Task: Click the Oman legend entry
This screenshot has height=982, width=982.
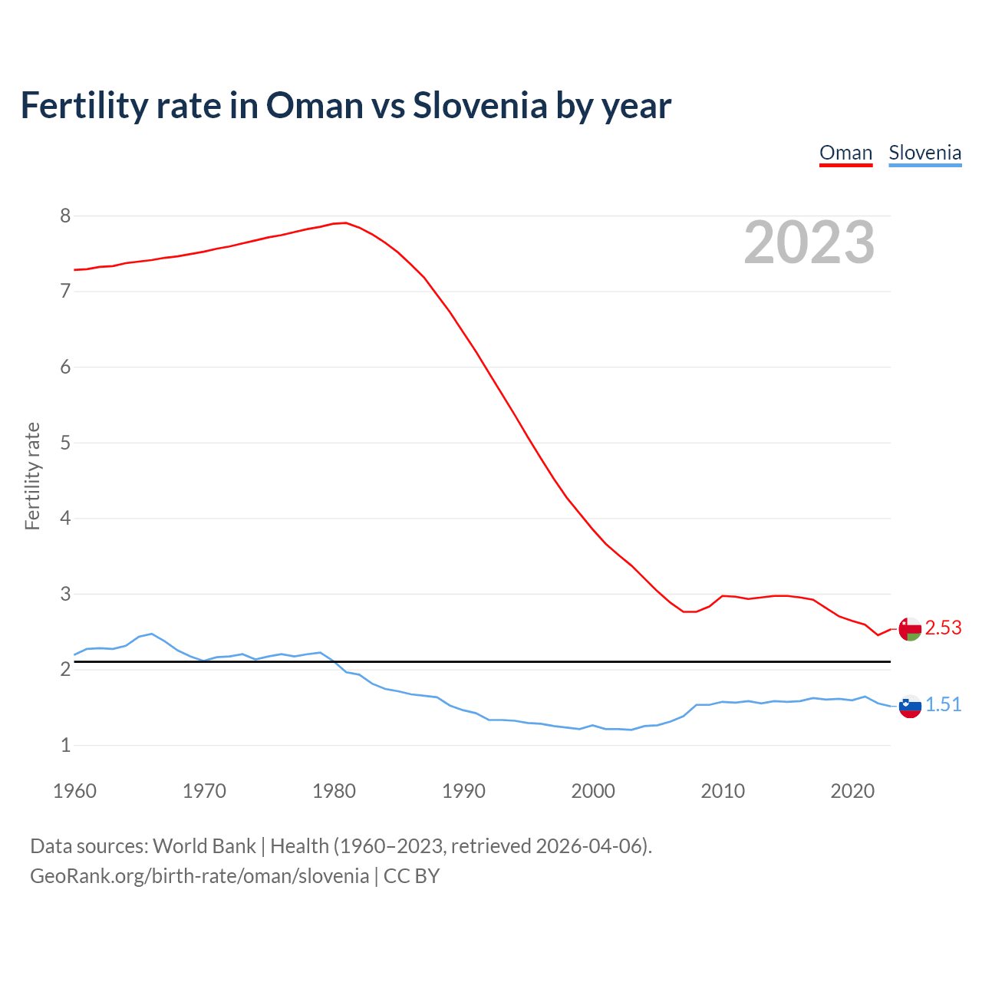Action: coord(845,153)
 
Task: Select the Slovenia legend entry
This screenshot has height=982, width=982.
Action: coord(924,153)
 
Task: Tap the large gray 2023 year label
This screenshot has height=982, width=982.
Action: coord(809,242)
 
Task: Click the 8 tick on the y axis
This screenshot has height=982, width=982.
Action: coord(65,216)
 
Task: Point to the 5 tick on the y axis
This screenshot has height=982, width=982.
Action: coord(65,443)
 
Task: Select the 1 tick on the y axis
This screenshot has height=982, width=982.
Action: coord(65,745)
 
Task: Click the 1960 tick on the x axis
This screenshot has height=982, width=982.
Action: coord(74,791)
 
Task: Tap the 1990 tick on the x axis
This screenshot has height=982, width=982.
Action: coord(463,791)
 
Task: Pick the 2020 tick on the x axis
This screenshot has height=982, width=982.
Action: coord(852,791)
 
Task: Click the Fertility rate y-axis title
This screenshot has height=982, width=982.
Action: coord(32,476)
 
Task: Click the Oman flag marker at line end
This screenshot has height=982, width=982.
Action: coord(910,629)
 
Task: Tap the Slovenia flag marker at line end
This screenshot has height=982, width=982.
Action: coord(910,706)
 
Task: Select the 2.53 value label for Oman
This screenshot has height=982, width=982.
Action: coord(943,628)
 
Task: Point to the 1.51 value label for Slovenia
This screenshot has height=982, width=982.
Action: coord(943,705)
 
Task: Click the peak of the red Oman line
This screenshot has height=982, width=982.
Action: coord(346,222)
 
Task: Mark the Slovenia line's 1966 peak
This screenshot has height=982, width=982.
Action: coord(152,634)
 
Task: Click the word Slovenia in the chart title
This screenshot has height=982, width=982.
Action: coord(479,105)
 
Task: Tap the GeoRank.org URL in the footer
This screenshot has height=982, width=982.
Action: coord(199,876)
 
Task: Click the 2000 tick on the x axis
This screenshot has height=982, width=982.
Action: coord(593,791)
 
